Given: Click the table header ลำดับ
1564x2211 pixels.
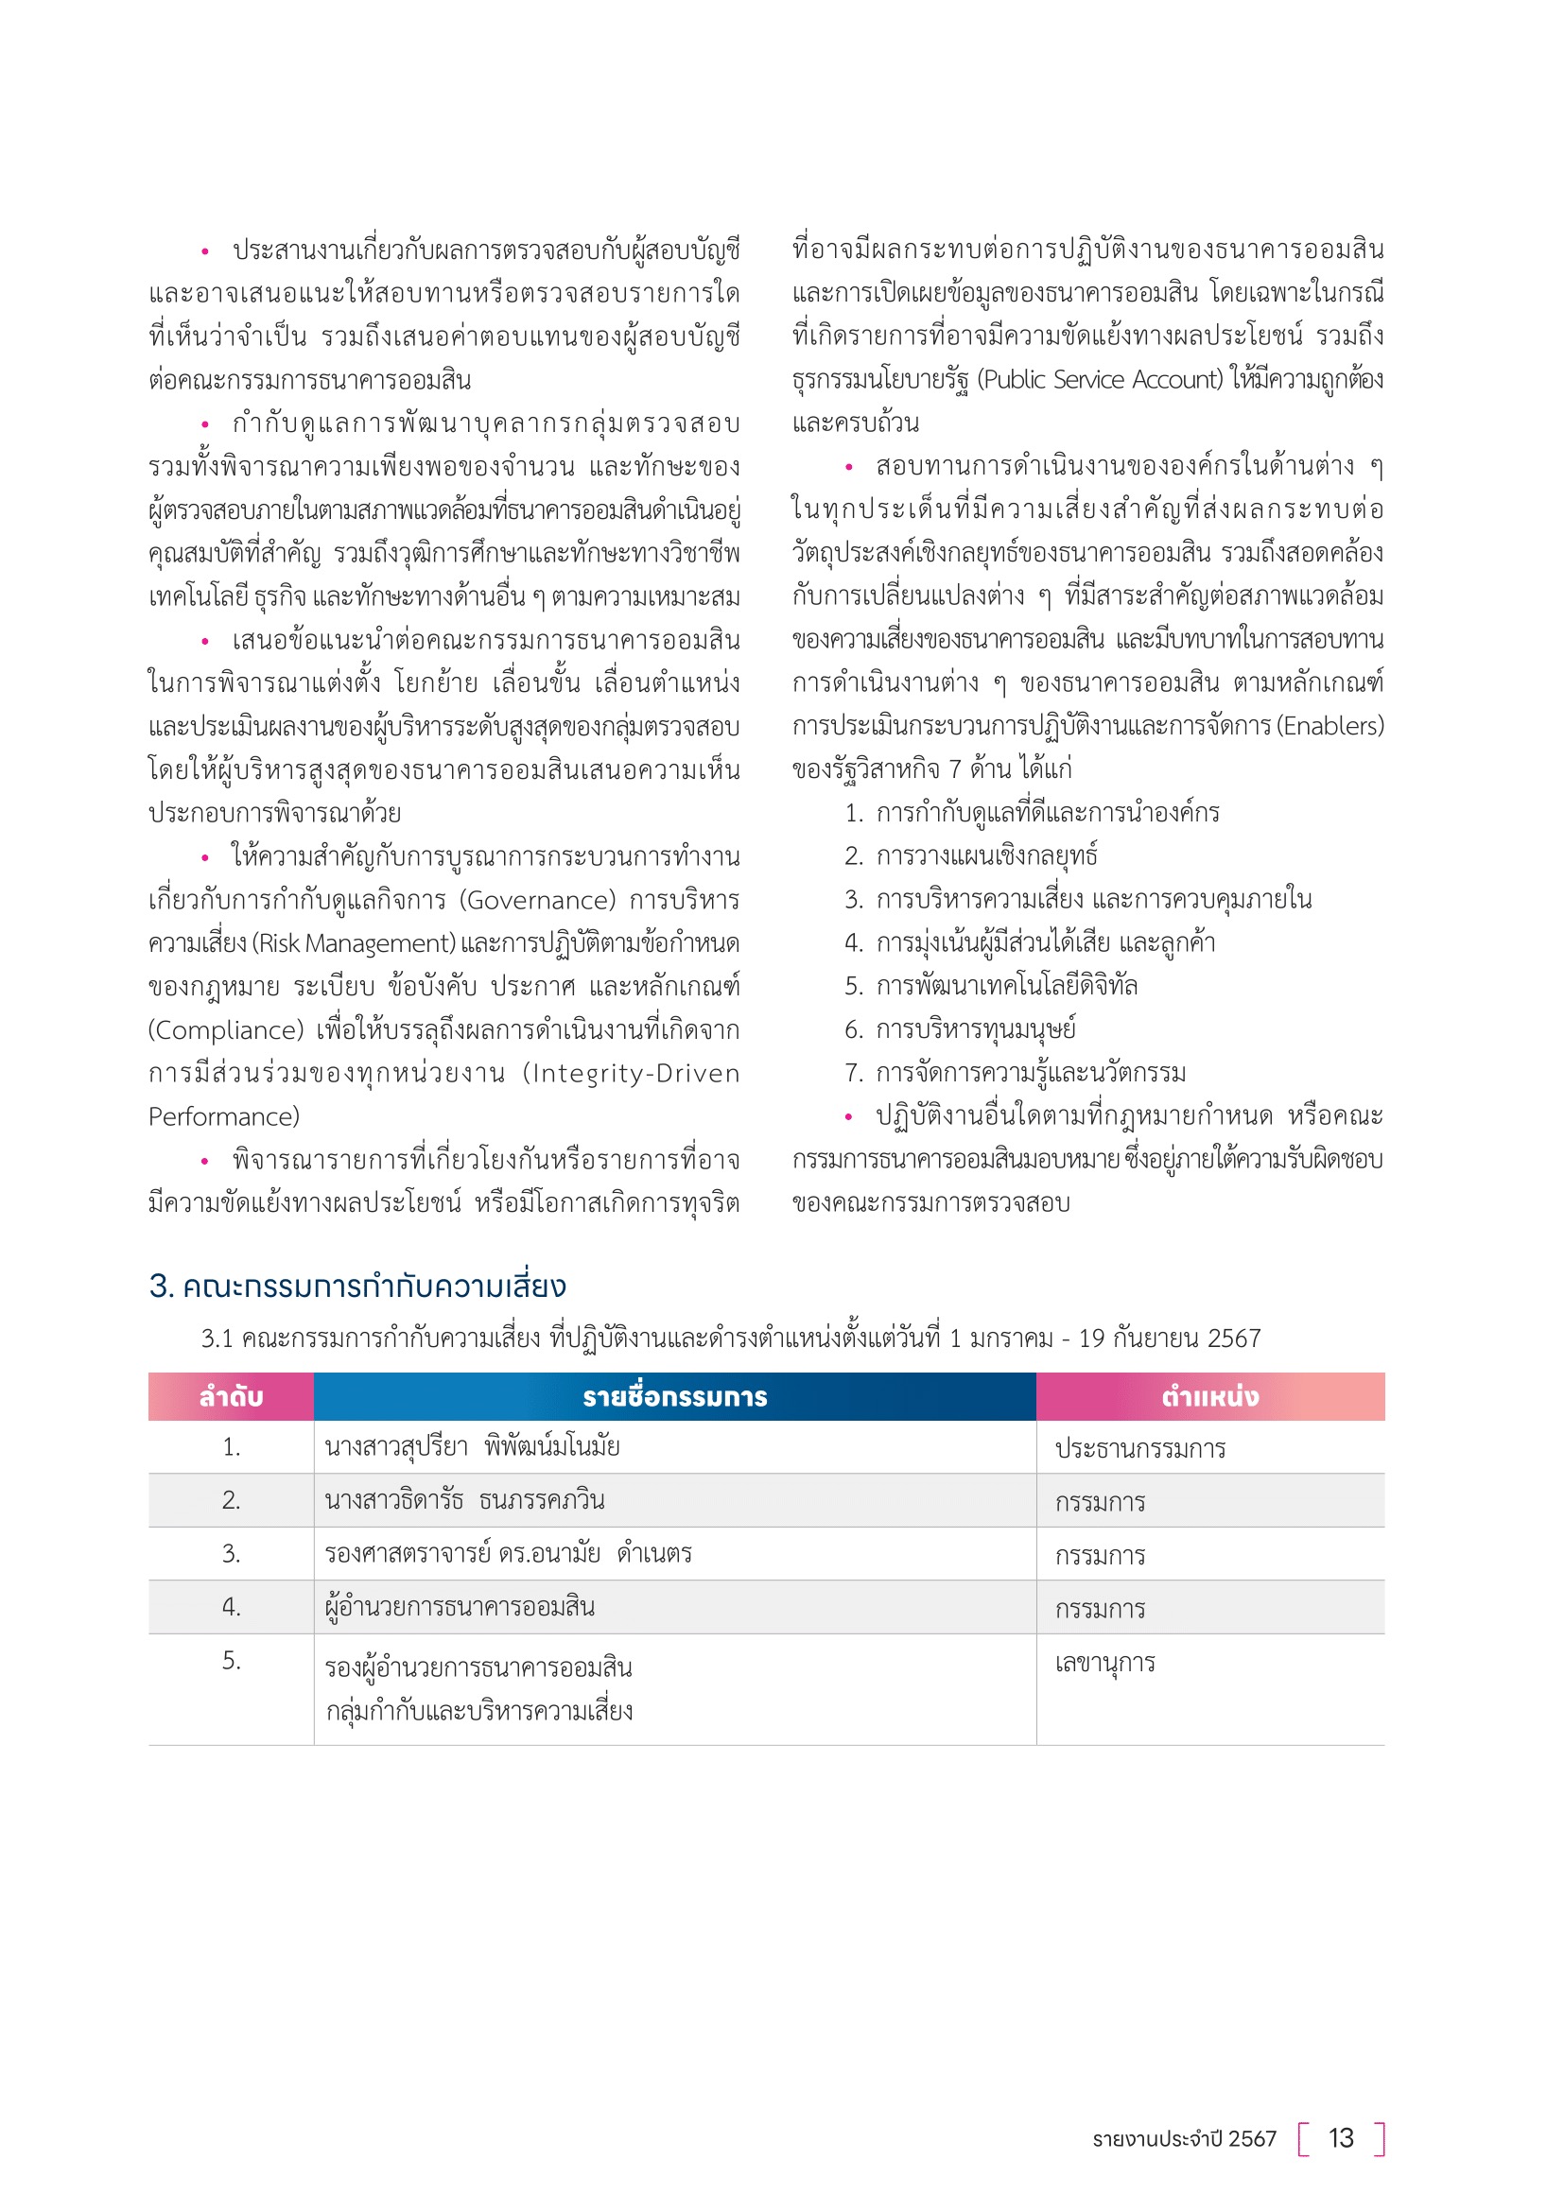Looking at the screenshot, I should point(231,1396).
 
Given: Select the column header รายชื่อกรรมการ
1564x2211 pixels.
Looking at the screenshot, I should point(674,1396).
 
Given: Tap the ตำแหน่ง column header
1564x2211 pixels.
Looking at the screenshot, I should point(1209,1396).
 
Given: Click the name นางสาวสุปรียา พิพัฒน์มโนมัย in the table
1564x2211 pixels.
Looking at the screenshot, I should point(472,1447).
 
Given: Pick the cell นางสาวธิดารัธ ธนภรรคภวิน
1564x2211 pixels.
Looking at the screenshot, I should point(464,1500).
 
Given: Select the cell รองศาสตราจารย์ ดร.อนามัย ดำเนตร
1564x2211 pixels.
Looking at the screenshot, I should point(508,1553).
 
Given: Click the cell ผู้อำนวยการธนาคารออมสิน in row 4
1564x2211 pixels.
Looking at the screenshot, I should point(460,1606).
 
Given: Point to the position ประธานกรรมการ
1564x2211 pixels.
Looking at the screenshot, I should point(1140,1449).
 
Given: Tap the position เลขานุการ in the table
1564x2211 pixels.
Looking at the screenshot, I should point(1104,1663).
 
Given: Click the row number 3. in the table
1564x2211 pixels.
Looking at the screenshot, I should point(231,1553).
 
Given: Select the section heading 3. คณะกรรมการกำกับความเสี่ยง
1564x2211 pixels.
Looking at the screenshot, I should point(357,1287).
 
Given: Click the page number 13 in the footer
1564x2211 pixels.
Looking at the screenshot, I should point(1341,2138).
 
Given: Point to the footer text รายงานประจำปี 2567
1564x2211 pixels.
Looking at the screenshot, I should point(1184,2139).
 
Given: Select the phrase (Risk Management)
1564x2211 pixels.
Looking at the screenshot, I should point(354,943).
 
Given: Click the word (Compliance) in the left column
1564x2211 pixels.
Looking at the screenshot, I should point(226,1030).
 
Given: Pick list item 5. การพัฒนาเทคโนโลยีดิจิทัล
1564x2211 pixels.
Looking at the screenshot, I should point(991,986).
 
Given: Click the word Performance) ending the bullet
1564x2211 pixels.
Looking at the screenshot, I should point(223,1117).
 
